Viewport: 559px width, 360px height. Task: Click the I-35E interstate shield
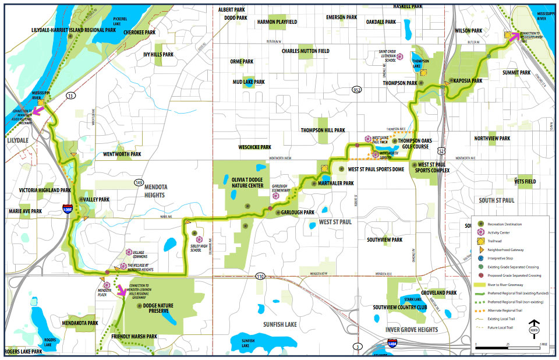(x=68, y=211)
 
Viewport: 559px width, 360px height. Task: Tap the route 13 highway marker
(x=70, y=94)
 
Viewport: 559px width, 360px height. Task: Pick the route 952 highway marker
(x=356, y=89)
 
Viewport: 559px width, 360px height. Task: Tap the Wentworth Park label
(x=122, y=154)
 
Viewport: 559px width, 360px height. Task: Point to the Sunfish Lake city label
(x=279, y=324)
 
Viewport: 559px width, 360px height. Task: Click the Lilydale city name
(x=17, y=141)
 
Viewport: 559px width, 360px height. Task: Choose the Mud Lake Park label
(x=248, y=82)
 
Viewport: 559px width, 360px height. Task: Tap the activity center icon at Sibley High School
(x=199, y=239)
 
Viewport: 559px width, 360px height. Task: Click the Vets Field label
(x=525, y=181)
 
